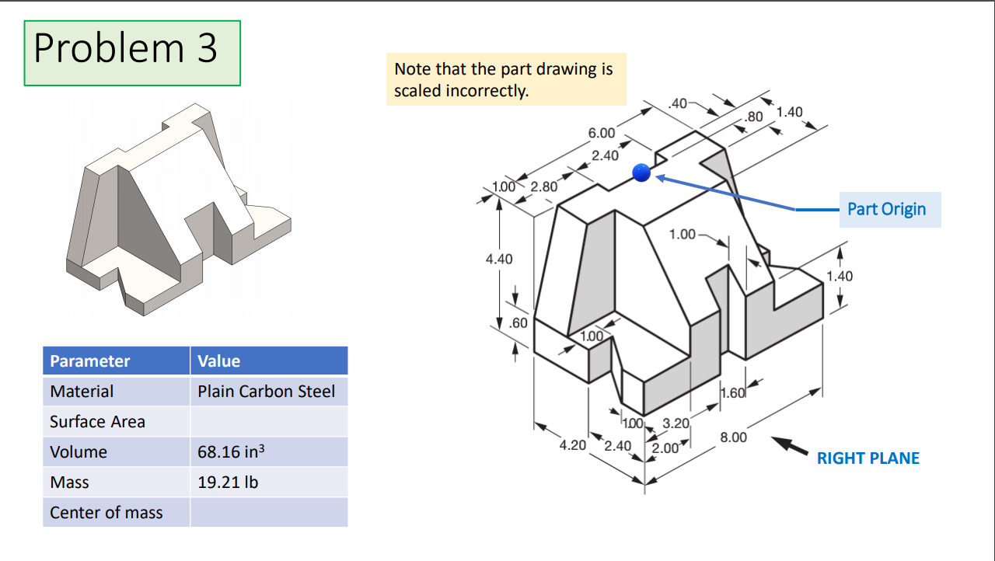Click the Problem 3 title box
click(x=132, y=52)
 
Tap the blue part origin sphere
click(x=641, y=172)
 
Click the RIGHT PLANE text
click(x=868, y=458)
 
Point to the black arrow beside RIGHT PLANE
click(x=790, y=446)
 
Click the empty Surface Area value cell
click(x=268, y=422)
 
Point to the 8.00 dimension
click(x=733, y=437)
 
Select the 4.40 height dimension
click(x=499, y=259)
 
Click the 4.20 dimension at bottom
click(x=572, y=446)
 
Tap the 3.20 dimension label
click(x=676, y=424)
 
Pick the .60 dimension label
click(x=518, y=322)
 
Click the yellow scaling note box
click(x=506, y=79)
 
